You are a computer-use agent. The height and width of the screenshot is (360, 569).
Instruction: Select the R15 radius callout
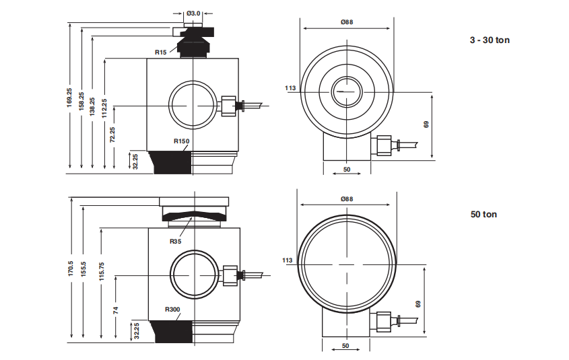160,52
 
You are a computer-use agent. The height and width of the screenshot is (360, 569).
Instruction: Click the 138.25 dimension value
92,109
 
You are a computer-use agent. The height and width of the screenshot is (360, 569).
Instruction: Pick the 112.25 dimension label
104,110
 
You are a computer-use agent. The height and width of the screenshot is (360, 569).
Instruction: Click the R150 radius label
182,141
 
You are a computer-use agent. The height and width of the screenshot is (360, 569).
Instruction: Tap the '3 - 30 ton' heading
490,40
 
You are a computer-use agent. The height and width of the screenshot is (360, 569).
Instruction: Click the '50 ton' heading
483,215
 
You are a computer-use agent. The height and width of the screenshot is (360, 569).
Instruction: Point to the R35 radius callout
176,241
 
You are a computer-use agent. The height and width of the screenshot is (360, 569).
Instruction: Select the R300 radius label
173,310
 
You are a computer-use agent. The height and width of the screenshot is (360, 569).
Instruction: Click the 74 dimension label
115,310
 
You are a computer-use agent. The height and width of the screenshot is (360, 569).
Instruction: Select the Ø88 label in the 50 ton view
347,199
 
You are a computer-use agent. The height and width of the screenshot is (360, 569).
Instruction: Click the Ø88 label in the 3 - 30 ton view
347,22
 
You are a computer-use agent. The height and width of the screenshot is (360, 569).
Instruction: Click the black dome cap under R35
193,216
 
